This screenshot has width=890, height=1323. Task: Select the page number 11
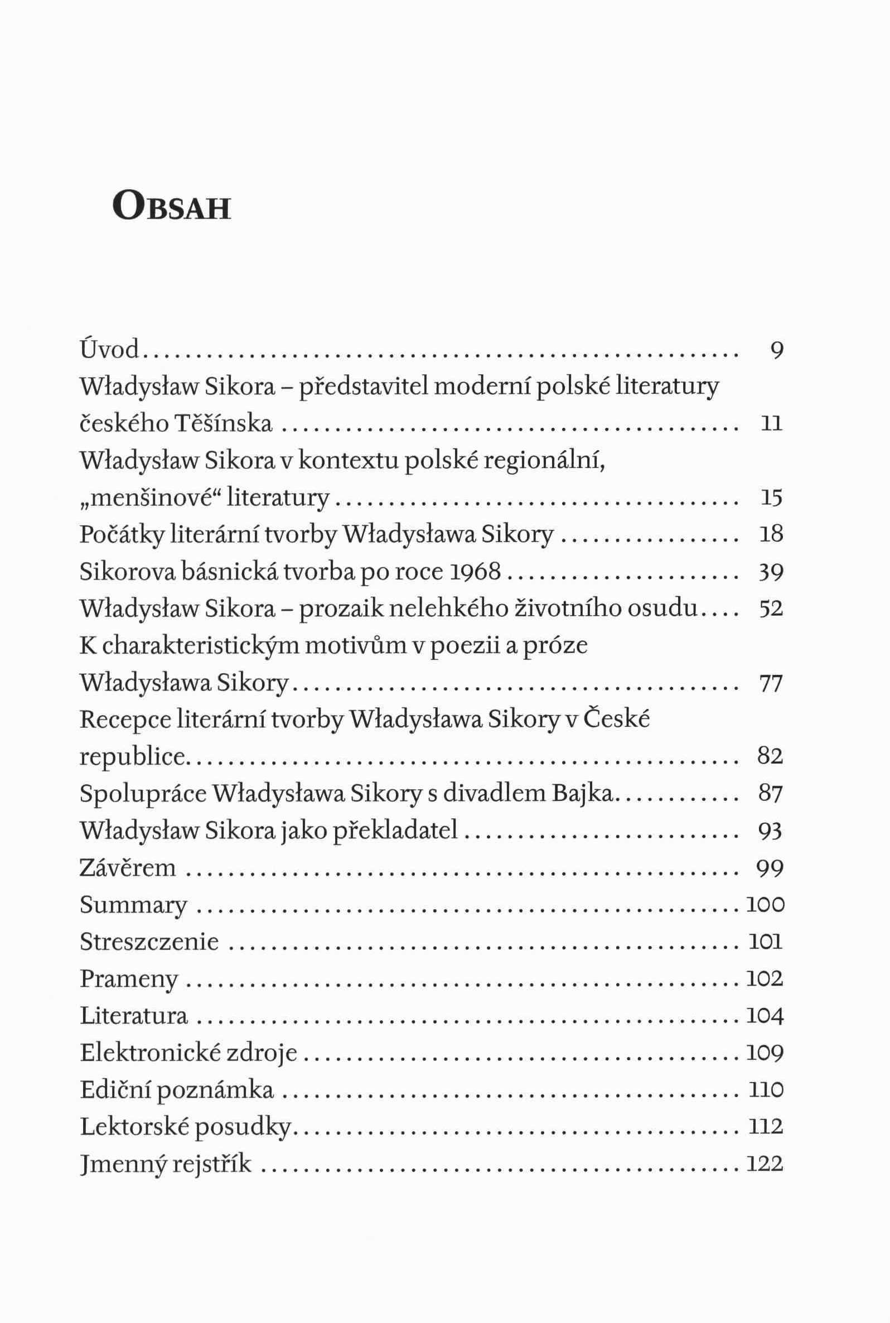pos(771,424)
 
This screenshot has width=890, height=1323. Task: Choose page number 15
pos(771,498)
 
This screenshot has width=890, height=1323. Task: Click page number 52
pos(771,609)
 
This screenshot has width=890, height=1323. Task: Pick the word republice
pos(133,757)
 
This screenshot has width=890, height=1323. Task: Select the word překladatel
pos(393,832)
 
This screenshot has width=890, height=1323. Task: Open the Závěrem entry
pos(128,868)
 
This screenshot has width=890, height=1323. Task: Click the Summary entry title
pos(133,905)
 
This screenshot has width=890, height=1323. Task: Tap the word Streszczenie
pos(149,941)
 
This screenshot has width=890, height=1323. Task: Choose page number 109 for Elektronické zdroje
pos(765,1053)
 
